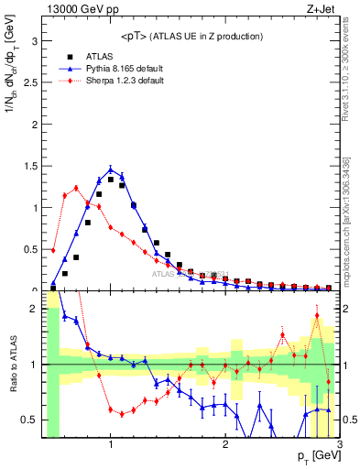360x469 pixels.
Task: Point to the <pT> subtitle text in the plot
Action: click(190, 36)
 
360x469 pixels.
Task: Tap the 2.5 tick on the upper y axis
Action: click(30, 83)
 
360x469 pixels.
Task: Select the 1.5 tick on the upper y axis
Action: click(30, 166)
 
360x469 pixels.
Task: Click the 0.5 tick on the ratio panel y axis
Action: click(30, 420)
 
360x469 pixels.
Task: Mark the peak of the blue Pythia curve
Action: click(111, 169)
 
